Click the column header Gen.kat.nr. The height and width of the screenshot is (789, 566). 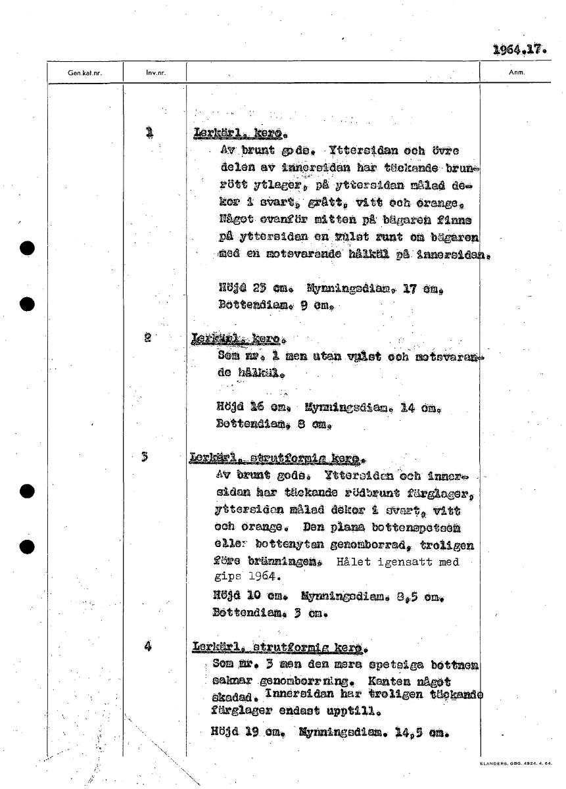[x=85, y=73]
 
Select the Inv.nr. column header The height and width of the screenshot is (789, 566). [x=155, y=73]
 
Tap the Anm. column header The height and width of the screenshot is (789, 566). [x=515, y=73]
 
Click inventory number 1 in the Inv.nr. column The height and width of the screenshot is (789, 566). [x=150, y=133]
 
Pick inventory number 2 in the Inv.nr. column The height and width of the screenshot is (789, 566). [x=149, y=338]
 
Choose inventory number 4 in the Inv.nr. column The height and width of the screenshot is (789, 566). [x=149, y=646]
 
